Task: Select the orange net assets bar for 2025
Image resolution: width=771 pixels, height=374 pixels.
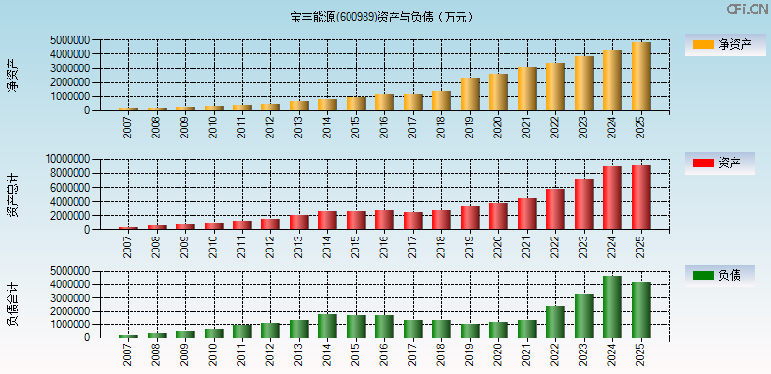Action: coord(641,77)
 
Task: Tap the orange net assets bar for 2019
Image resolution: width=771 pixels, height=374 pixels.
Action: coord(470,94)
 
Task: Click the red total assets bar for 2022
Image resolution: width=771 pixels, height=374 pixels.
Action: coord(555,209)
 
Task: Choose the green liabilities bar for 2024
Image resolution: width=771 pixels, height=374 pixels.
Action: coord(612,307)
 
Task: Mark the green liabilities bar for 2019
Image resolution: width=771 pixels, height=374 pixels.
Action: coord(470,331)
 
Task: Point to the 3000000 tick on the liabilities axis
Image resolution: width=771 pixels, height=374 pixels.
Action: coord(69,297)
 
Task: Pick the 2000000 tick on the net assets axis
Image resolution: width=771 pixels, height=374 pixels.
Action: coord(69,82)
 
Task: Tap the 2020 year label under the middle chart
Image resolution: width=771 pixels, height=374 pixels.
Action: coord(499,245)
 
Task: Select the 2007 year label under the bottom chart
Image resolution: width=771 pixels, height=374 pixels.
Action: coord(128,353)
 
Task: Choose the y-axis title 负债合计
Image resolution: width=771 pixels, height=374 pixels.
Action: coord(13,304)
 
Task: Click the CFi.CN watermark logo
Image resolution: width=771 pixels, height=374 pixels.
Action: coord(747,9)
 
